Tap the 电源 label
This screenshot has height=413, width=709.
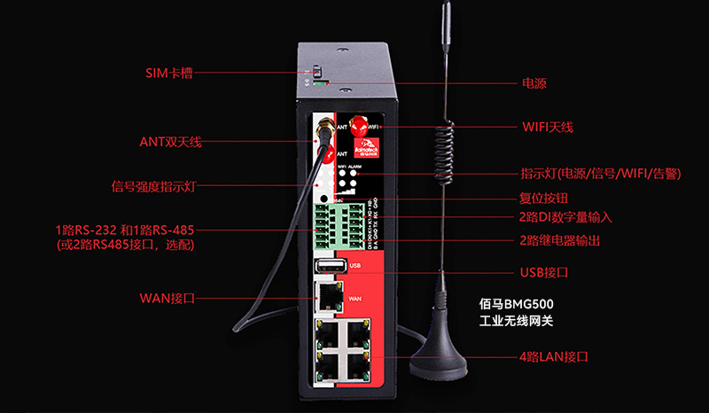point(534,84)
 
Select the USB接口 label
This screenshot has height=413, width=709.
point(543,271)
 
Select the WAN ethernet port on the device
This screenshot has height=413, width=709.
point(327,294)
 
